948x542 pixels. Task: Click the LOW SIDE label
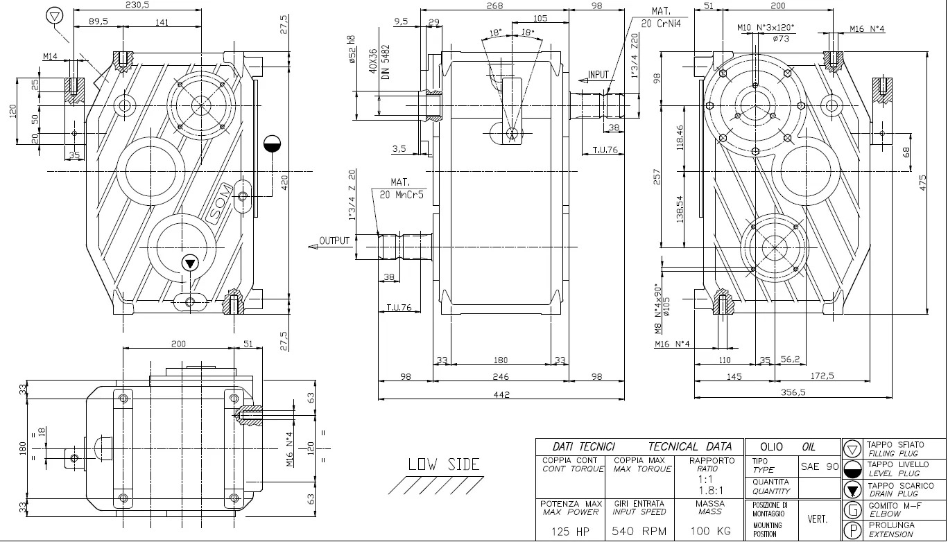click(x=443, y=464)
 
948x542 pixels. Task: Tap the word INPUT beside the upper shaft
click(x=598, y=75)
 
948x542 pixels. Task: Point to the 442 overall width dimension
click(x=501, y=394)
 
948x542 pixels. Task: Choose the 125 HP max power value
click(x=570, y=532)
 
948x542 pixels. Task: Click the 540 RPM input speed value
click(x=639, y=532)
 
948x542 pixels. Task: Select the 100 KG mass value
click(x=710, y=532)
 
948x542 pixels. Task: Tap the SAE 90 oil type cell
click(x=820, y=466)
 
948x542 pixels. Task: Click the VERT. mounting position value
click(x=816, y=518)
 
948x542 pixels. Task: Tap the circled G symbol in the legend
click(x=852, y=511)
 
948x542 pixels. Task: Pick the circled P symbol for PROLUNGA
click(x=852, y=531)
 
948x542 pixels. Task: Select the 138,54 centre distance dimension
click(x=680, y=209)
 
